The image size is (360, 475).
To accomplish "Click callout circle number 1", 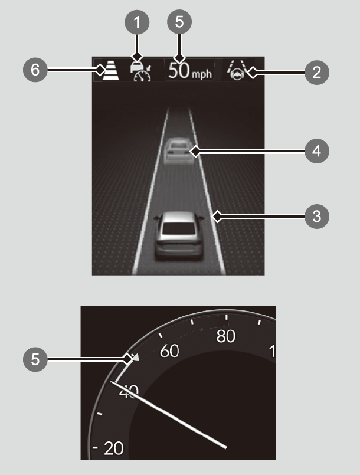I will click(137, 23).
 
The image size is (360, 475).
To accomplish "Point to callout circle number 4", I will click(317, 151).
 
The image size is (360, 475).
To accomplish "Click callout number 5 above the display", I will click(179, 23).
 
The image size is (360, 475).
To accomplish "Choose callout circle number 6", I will click(37, 70).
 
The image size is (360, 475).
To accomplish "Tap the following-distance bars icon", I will click(110, 71).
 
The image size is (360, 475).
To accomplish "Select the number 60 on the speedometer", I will click(170, 351).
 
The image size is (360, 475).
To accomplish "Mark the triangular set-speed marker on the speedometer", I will click(136, 357).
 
